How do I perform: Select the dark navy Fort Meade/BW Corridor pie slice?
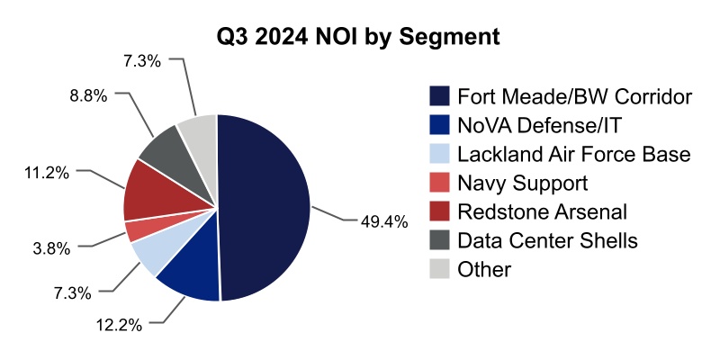(x=265, y=207)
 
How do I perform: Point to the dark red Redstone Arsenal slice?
(x=144, y=191)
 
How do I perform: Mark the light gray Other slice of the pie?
(x=199, y=131)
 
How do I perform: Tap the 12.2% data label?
(x=119, y=325)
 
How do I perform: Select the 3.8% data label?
(x=52, y=246)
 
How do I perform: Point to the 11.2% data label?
(x=46, y=171)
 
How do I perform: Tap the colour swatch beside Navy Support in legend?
(x=439, y=183)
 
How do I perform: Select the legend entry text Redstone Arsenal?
(x=541, y=211)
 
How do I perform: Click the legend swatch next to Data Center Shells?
(x=439, y=240)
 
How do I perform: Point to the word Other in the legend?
(x=484, y=269)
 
